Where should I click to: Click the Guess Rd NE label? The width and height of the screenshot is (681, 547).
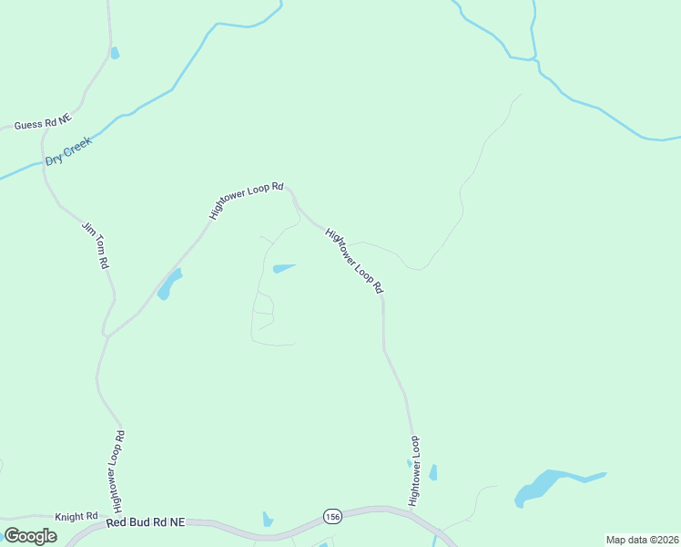click(43, 122)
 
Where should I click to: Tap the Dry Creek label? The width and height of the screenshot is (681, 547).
click(69, 152)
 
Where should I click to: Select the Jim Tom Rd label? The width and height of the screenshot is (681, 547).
click(96, 245)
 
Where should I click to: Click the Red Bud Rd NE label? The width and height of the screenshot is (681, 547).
click(145, 522)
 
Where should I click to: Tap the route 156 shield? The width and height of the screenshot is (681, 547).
click(333, 517)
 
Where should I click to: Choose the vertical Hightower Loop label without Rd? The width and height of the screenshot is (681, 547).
click(414, 470)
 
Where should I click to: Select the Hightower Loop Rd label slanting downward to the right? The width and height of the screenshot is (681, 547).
click(354, 260)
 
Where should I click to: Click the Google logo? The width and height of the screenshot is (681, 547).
click(30, 536)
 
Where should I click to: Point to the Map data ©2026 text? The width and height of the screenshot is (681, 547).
click(642, 540)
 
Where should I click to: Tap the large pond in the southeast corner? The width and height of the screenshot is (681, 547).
click(542, 486)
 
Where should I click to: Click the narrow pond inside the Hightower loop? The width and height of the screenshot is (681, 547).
click(284, 268)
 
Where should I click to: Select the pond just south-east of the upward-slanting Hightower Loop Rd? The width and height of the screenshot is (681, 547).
click(168, 285)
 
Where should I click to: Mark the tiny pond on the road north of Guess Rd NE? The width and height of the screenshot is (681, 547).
click(114, 53)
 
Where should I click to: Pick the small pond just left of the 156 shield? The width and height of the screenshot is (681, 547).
click(268, 520)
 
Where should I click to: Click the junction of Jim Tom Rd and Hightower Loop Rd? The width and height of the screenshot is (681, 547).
click(107, 335)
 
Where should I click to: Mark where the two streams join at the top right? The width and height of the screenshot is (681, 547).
click(535, 60)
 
